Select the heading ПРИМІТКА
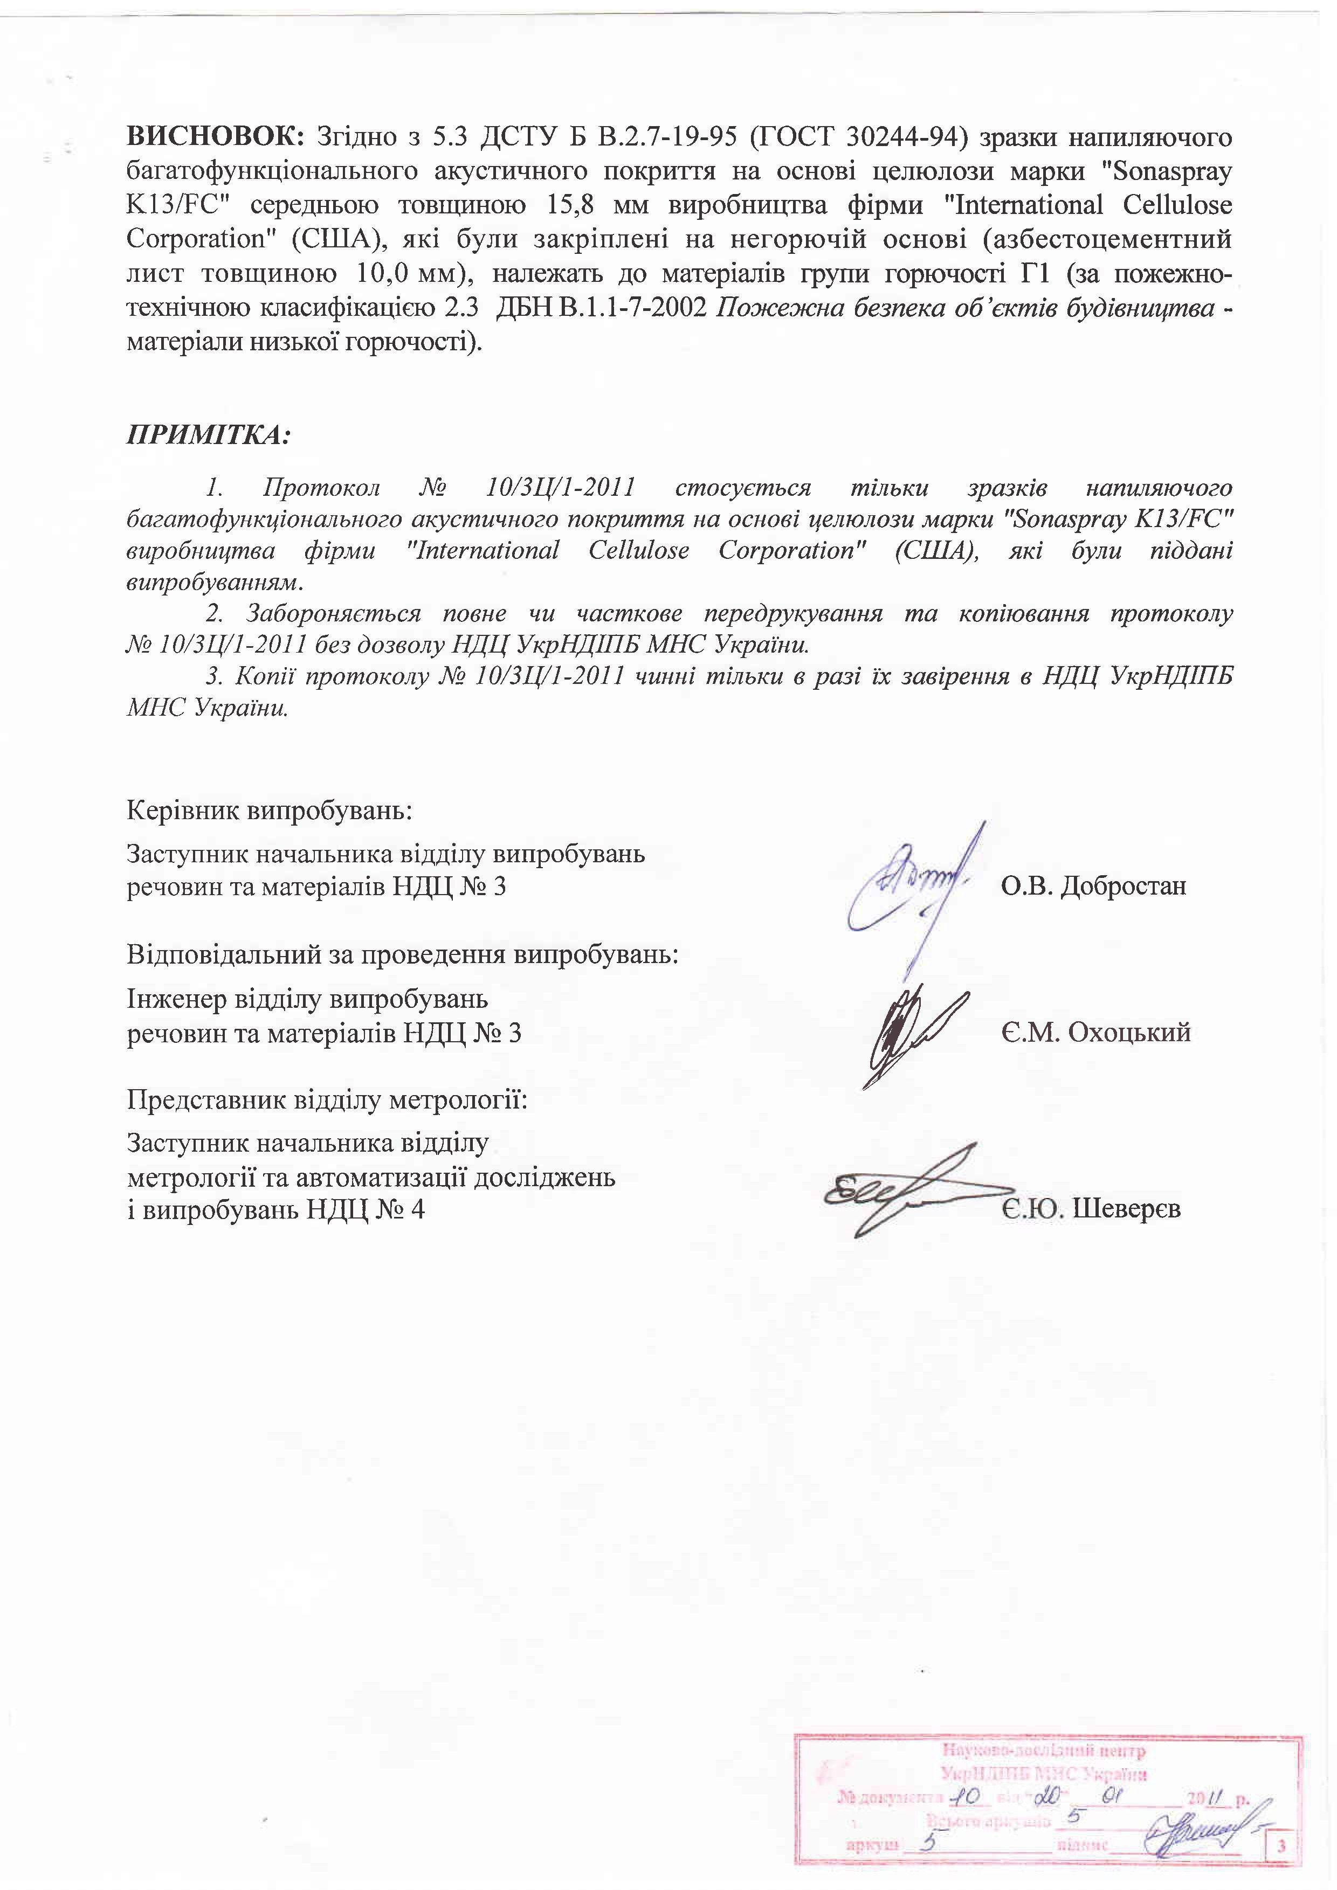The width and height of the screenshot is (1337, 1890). [208, 434]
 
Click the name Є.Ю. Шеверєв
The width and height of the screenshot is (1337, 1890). [1091, 1209]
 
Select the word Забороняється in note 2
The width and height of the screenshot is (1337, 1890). [333, 614]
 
